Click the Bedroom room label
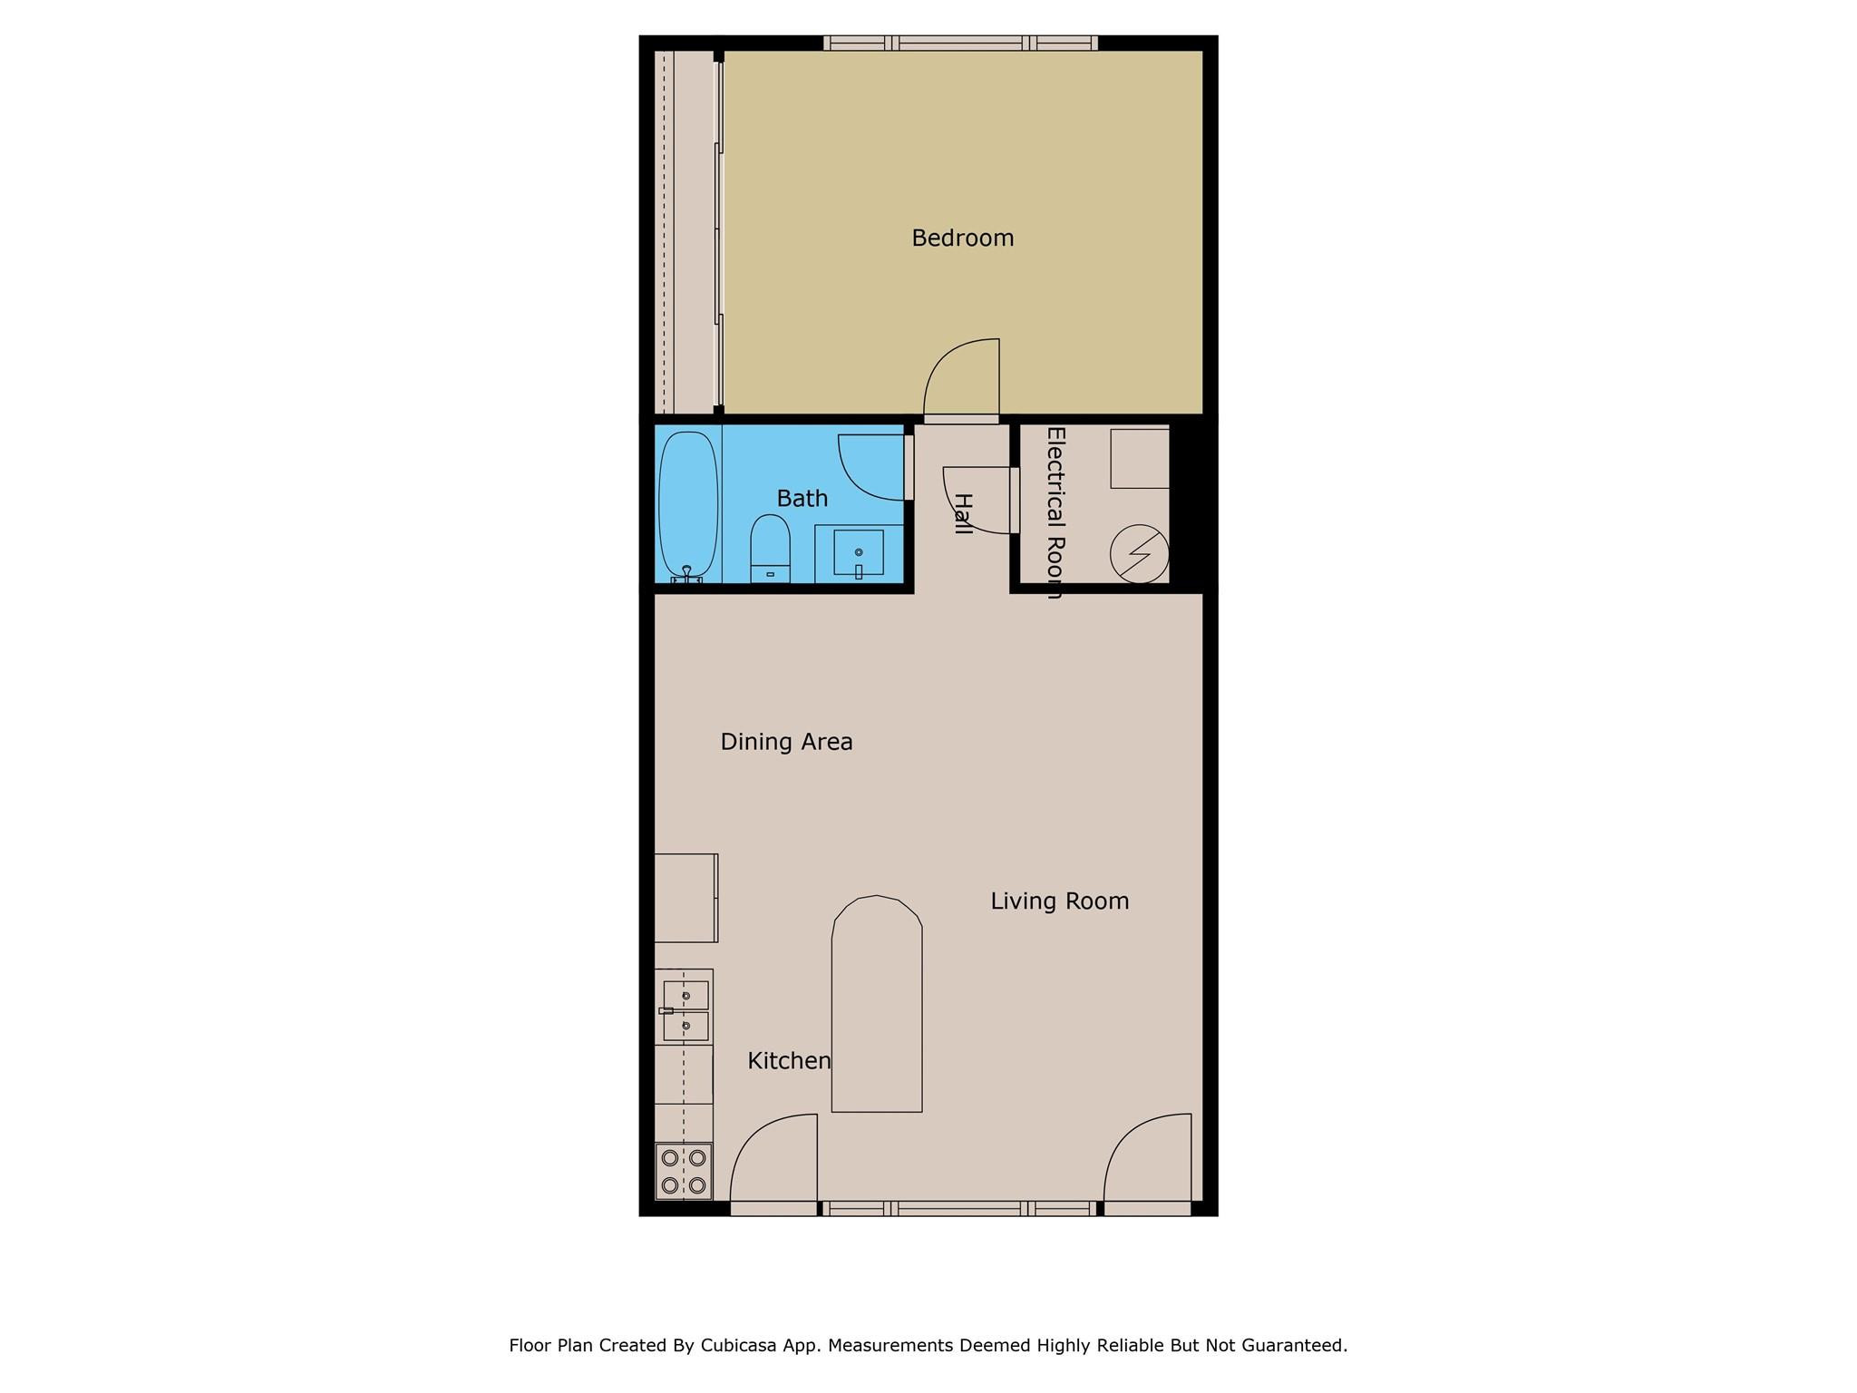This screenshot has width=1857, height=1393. pos(962,238)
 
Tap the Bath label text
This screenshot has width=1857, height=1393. pos(802,498)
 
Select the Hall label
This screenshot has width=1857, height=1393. pos(963,513)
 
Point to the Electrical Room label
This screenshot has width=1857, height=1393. pos(1055,512)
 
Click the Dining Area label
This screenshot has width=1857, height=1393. pos(786,742)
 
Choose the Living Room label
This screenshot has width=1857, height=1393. pos(1059,901)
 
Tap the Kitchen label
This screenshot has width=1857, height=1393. pos(789,1060)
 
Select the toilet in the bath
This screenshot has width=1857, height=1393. pos(770,548)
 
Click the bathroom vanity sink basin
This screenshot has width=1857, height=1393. pos(859,552)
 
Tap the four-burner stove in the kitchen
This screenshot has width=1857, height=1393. pos(684,1172)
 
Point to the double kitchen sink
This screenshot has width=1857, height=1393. pos(685,1010)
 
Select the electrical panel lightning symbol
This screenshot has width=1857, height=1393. pos(1140,553)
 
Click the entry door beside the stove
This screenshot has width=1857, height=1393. pos(773,1161)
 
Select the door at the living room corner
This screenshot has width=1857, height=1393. pos(1148,1161)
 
